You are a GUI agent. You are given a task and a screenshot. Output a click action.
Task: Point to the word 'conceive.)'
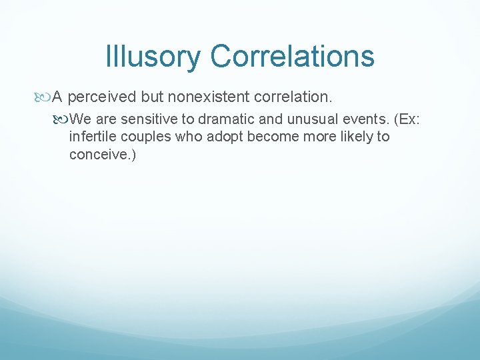coord(102,155)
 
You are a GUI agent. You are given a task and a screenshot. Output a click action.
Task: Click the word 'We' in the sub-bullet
coord(81,119)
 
